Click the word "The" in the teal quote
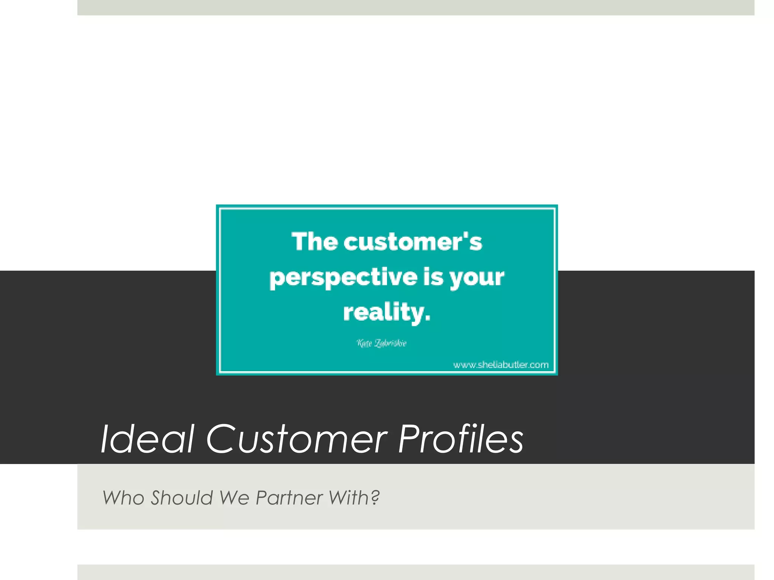[314, 242]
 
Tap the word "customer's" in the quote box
[413, 242]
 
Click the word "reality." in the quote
[387, 313]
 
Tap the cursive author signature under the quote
[382, 343]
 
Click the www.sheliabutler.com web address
[501, 365]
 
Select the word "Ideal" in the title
[147, 439]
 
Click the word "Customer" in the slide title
[297, 439]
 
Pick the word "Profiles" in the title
[461, 439]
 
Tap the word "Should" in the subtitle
[182, 498]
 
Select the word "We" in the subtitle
[234, 498]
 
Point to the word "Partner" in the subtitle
[289, 498]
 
